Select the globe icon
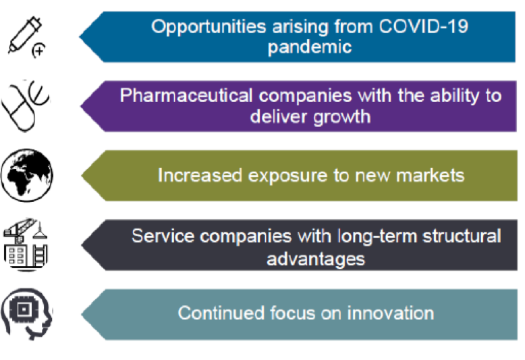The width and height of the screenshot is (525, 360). pyautogui.click(x=27, y=176)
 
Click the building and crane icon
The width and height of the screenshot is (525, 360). pyautogui.click(x=26, y=245)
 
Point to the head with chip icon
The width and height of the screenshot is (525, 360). pyautogui.click(x=27, y=314)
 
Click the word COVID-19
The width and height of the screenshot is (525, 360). pyautogui.click(x=423, y=26)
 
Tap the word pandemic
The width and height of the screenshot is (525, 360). pyautogui.click(x=310, y=47)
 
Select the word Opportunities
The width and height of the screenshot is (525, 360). pyautogui.click(x=209, y=27)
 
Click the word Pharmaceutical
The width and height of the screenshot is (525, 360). pyautogui.click(x=186, y=95)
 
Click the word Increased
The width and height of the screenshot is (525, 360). pyautogui.click(x=200, y=176)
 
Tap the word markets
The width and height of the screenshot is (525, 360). pyautogui.click(x=431, y=176)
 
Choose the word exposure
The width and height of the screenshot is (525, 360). pyautogui.click(x=287, y=176)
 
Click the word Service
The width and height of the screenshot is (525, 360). pyautogui.click(x=163, y=236)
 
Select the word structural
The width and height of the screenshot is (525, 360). pyautogui.click(x=462, y=236)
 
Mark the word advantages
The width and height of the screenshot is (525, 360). pyautogui.click(x=316, y=259)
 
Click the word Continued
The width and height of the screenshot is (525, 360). pyautogui.click(x=221, y=313)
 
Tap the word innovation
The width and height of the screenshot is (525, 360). pyautogui.click(x=391, y=313)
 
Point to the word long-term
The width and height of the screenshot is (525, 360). pyautogui.click(x=377, y=236)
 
